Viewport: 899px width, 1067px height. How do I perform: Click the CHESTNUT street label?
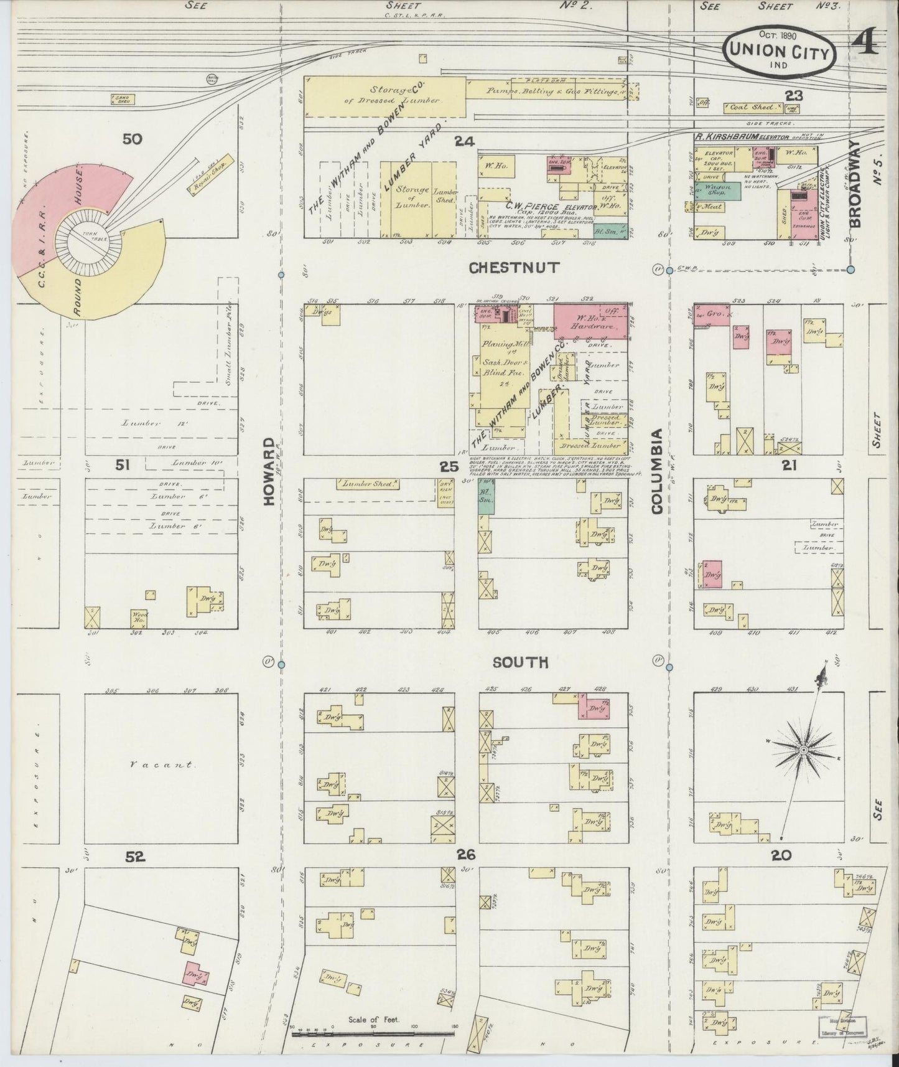tap(514, 268)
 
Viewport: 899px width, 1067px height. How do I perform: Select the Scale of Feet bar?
tap(373, 1034)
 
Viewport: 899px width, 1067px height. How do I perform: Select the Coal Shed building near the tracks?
tap(755, 108)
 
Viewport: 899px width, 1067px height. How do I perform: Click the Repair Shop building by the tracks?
tap(208, 171)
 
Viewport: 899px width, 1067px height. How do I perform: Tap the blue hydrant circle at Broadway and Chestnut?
tap(850, 269)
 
